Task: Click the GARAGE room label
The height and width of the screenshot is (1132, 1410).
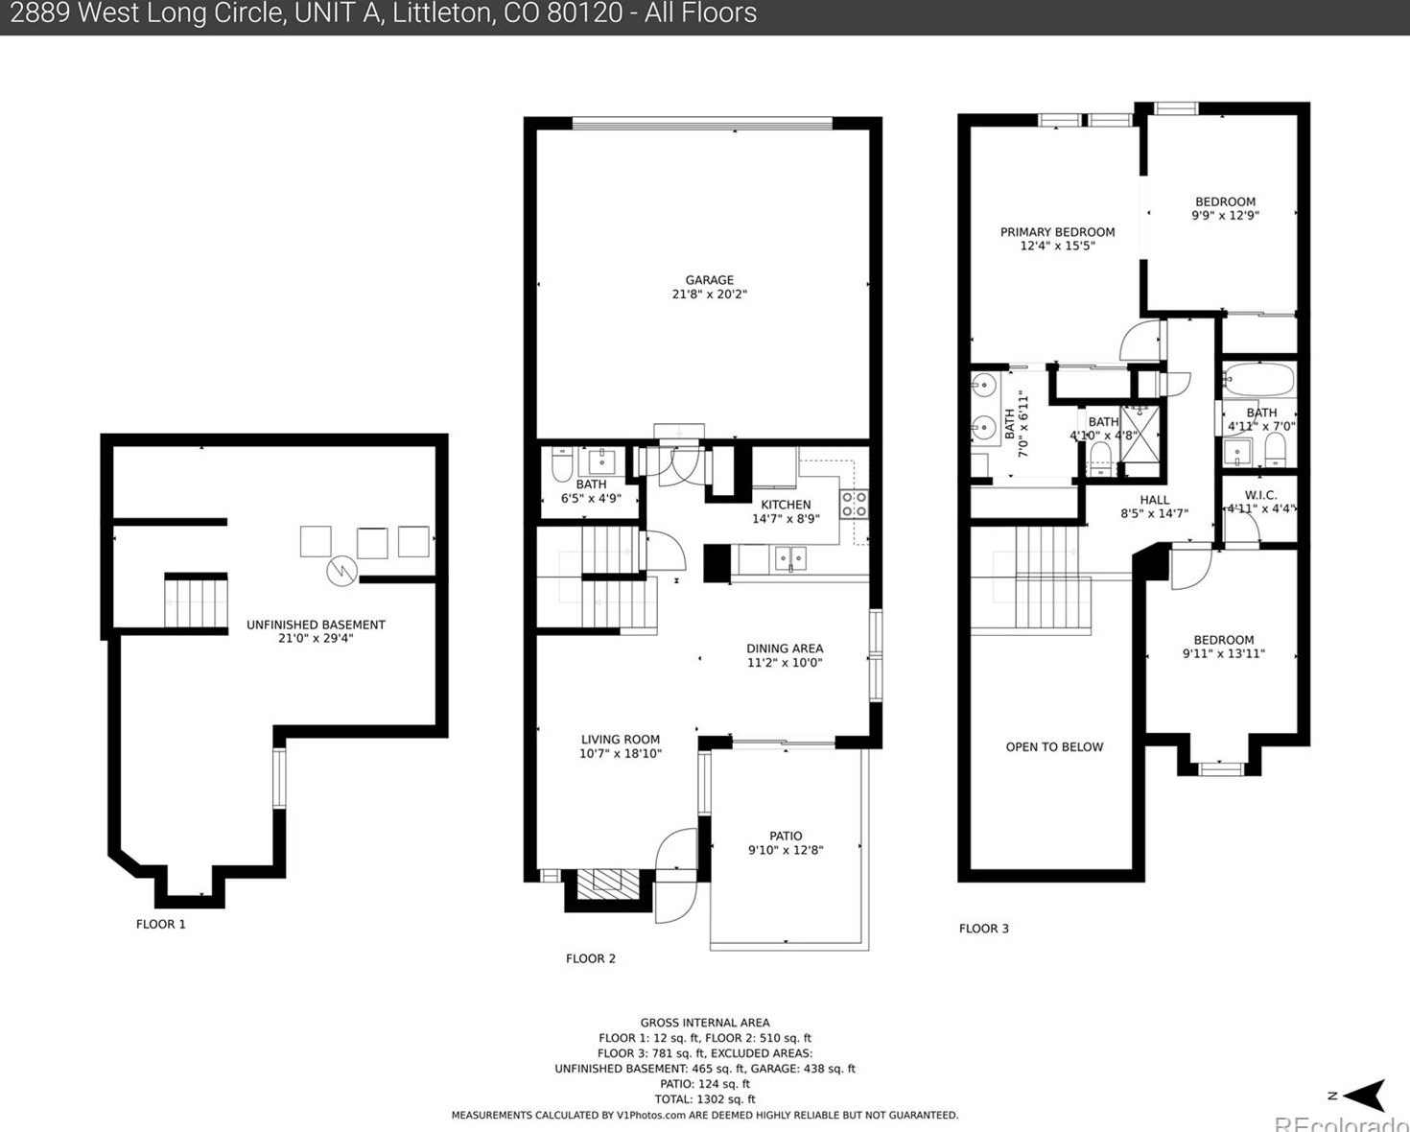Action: (709, 280)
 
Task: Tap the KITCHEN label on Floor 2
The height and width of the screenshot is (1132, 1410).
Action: (786, 505)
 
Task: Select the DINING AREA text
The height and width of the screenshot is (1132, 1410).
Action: (785, 649)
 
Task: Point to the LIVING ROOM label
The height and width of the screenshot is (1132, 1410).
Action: (621, 740)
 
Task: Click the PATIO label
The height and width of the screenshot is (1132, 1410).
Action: (786, 836)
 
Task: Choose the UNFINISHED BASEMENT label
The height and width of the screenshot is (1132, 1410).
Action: (316, 625)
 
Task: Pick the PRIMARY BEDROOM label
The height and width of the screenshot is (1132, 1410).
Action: (1057, 232)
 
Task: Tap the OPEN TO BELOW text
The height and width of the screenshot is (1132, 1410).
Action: (1054, 746)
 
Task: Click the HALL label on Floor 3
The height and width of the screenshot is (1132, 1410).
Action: (1155, 500)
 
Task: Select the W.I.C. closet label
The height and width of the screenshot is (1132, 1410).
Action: (1260, 495)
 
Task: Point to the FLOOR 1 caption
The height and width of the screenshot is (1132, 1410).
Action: (161, 924)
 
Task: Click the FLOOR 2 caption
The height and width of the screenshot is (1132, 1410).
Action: (591, 958)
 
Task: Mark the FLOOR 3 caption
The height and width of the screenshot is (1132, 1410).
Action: (984, 928)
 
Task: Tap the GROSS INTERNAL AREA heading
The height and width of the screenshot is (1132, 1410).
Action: (705, 1023)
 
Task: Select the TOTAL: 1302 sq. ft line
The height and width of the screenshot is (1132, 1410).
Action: (705, 1099)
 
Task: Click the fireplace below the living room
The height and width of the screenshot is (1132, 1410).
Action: (607, 882)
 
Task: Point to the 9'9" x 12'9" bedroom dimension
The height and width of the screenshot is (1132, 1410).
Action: (1225, 216)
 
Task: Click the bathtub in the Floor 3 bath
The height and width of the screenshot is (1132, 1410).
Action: (1258, 381)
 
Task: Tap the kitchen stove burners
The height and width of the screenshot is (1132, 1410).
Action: (854, 504)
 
